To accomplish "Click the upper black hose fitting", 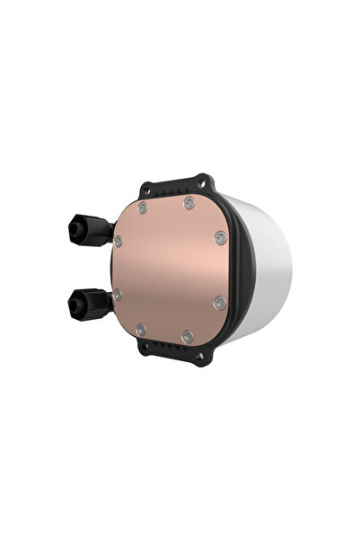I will point(91,231).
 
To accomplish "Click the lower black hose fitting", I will point(91,304).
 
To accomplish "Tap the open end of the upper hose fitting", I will point(72,231).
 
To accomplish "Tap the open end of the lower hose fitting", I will point(72,305).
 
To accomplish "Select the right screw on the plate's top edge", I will point(189,203).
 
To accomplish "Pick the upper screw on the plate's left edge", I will point(119,241).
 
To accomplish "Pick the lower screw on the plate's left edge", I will point(117,295).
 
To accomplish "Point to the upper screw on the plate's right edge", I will point(221,237).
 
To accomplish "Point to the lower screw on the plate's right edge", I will point(218,304).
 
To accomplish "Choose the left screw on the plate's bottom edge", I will point(140,331).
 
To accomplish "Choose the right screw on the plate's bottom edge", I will point(187,337).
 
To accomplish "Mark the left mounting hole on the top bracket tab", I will point(145,188).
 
